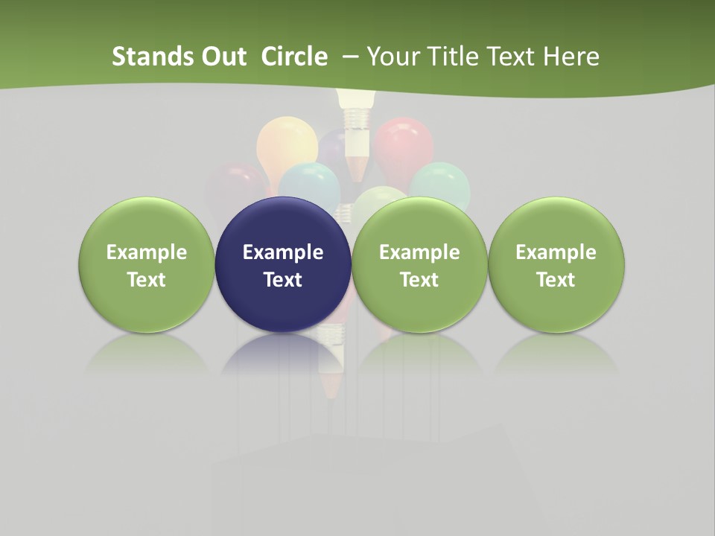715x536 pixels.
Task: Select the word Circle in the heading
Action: pyautogui.click(x=294, y=57)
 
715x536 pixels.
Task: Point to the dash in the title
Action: pyautogui.click(x=350, y=57)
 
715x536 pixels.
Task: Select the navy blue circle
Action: pyautogui.click(x=283, y=265)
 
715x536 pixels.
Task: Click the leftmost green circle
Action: pyautogui.click(x=147, y=265)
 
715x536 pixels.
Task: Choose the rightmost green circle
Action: pyautogui.click(x=556, y=265)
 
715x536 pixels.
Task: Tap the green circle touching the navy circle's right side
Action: pyautogui.click(x=419, y=265)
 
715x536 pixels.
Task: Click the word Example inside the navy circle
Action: pyautogui.click(x=283, y=252)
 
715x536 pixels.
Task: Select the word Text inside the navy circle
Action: pyautogui.click(x=283, y=280)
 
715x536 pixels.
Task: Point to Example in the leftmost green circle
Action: pyautogui.click(x=147, y=252)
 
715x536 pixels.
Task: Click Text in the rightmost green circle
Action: pyautogui.click(x=556, y=280)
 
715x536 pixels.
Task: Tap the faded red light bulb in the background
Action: pyautogui.click(x=404, y=145)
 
